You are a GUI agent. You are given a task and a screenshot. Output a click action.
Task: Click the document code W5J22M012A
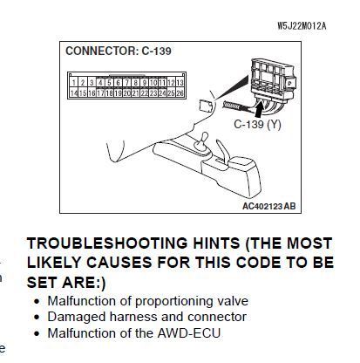[302, 26]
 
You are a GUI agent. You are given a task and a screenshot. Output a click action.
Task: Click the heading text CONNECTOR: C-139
[119, 51]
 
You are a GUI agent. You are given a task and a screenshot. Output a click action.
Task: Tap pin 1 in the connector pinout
[74, 83]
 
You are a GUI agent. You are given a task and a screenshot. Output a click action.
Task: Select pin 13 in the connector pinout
[180, 83]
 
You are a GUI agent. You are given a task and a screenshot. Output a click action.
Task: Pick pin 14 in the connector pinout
[74, 92]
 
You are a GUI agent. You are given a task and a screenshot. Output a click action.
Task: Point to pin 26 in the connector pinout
[180, 92]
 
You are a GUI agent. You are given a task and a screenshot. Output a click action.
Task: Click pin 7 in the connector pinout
[127, 83]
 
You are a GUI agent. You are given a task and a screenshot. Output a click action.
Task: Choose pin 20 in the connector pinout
[127, 92]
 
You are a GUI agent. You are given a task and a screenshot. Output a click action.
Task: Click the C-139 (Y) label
[257, 125]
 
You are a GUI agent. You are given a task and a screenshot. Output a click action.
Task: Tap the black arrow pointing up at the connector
[261, 109]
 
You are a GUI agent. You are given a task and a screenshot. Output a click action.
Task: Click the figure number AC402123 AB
[269, 206]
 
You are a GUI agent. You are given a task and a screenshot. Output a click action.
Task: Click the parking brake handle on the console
[222, 151]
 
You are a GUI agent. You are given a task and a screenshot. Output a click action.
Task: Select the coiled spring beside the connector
[233, 105]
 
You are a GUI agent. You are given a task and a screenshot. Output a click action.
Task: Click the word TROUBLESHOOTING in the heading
[107, 243]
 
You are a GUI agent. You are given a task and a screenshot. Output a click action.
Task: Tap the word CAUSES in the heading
[119, 263]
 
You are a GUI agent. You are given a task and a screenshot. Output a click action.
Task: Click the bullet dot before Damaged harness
[37, 317]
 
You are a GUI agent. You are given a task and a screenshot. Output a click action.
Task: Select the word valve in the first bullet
[233, 301]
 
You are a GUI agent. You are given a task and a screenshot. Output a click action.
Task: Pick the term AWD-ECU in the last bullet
[189, 333]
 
